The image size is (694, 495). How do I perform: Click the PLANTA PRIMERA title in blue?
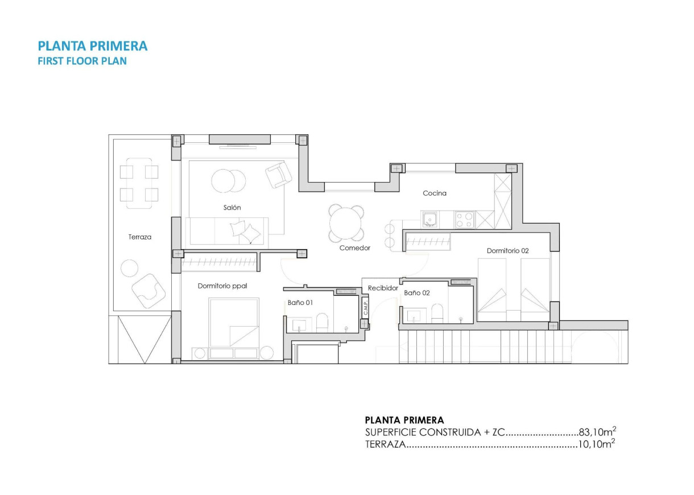tap(93, 46)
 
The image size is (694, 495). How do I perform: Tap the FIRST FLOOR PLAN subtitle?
tap(82, 61)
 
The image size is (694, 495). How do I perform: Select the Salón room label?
tap(232, 208)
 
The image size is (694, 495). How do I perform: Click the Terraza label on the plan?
tap(140, 237)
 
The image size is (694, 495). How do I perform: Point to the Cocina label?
tap(435, 193)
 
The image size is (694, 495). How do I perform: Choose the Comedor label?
tap(355, 248)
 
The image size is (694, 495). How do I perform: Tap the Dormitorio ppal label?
tap(222, 286)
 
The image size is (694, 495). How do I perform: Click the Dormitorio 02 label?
tap(508, 251)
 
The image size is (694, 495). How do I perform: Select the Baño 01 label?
tap(300, 303)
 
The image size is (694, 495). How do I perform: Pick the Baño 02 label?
tap(417, 292)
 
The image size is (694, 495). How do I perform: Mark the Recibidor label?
tap(383, 288)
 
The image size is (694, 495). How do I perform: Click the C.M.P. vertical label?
tap(366, 308)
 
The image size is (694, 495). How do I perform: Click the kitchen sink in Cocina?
tap(430, 218)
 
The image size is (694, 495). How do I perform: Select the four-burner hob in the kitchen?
tap(464, 219)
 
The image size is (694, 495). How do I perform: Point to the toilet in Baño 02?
tap(437, 312)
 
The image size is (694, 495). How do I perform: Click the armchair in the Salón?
tap(279, 175)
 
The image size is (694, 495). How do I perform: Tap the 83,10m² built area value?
tap(597, 432)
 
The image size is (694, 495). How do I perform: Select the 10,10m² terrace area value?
tap(597, 445)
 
